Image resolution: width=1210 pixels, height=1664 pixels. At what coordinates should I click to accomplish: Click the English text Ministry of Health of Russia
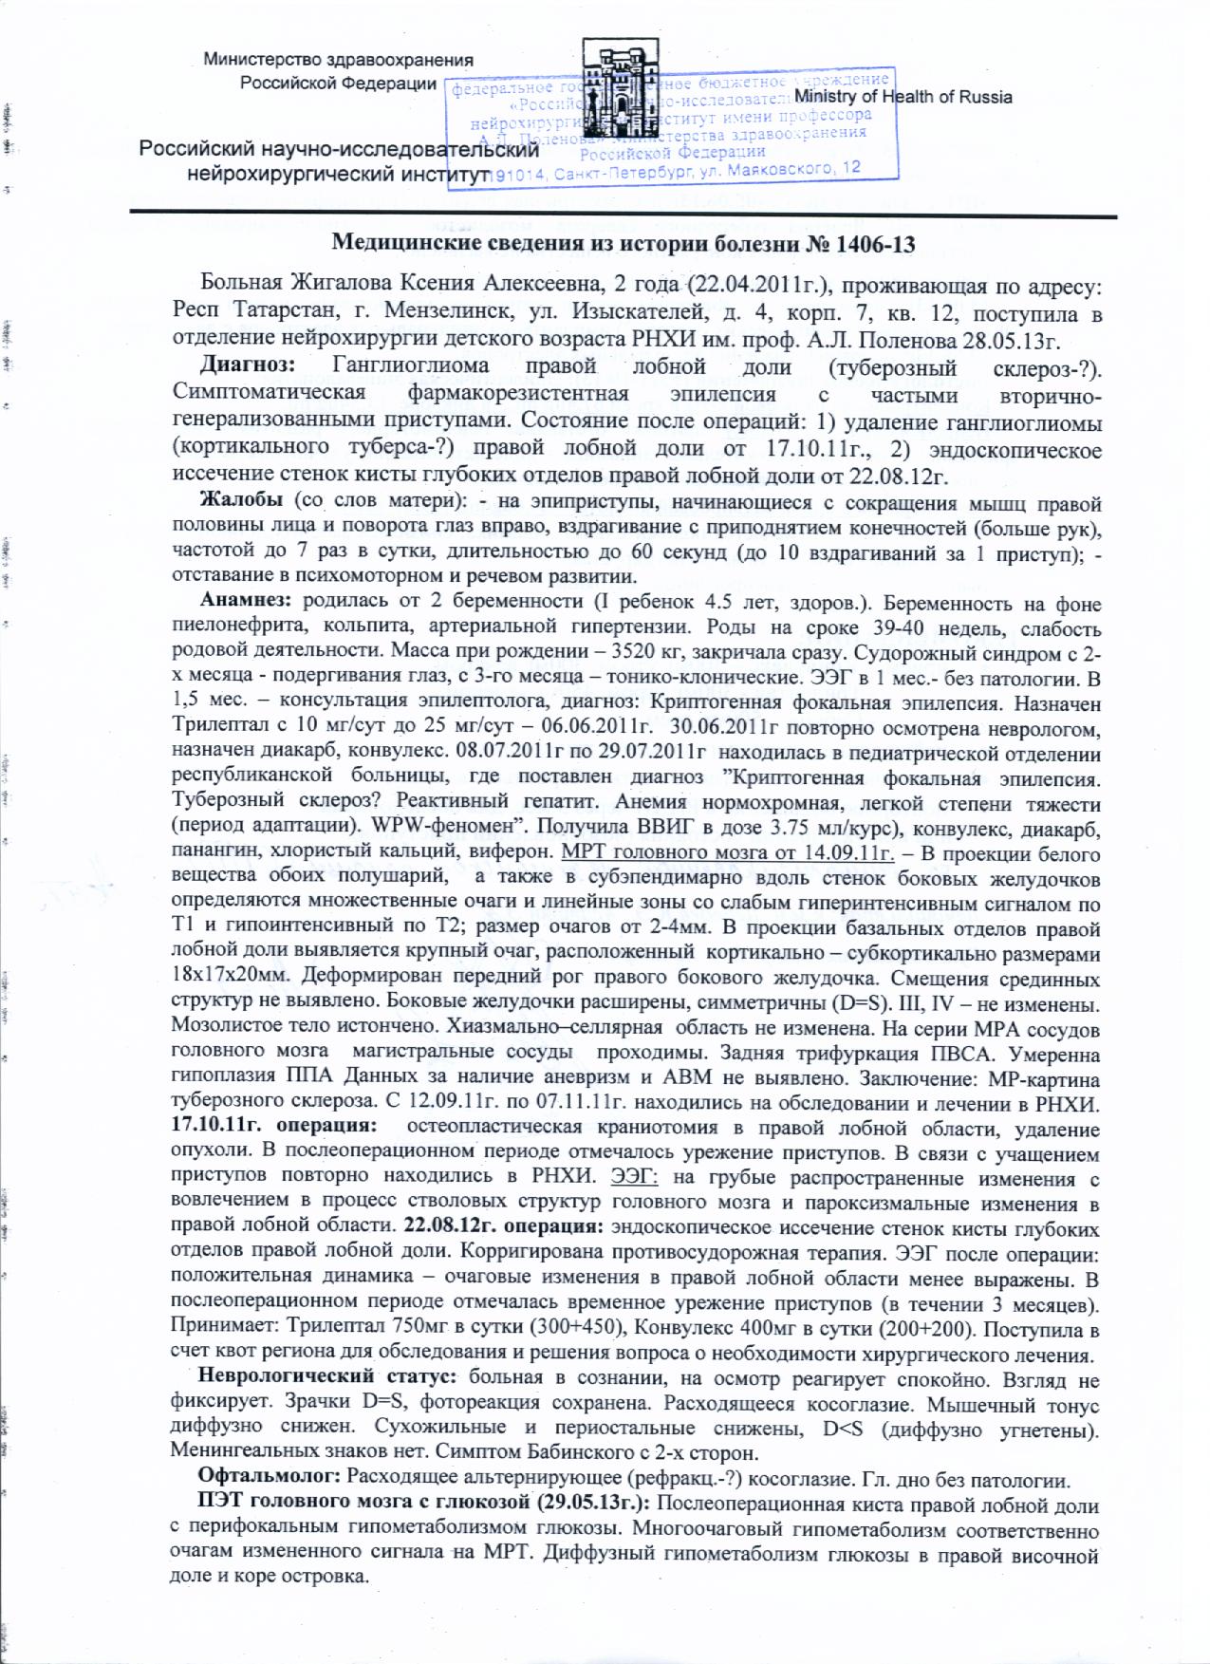pos(903,97)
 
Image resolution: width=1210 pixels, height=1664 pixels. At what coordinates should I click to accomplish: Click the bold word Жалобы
pos(239,502)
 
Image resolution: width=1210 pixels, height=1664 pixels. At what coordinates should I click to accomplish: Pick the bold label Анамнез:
pos(246,603)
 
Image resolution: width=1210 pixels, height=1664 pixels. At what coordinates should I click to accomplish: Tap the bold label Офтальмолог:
pos(270,1479)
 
